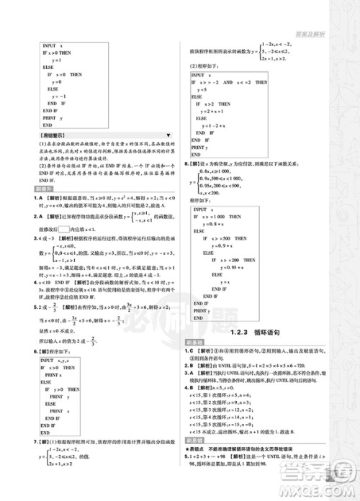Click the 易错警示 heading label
(x=52, y=135)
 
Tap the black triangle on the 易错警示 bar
(x=168, y=135)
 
